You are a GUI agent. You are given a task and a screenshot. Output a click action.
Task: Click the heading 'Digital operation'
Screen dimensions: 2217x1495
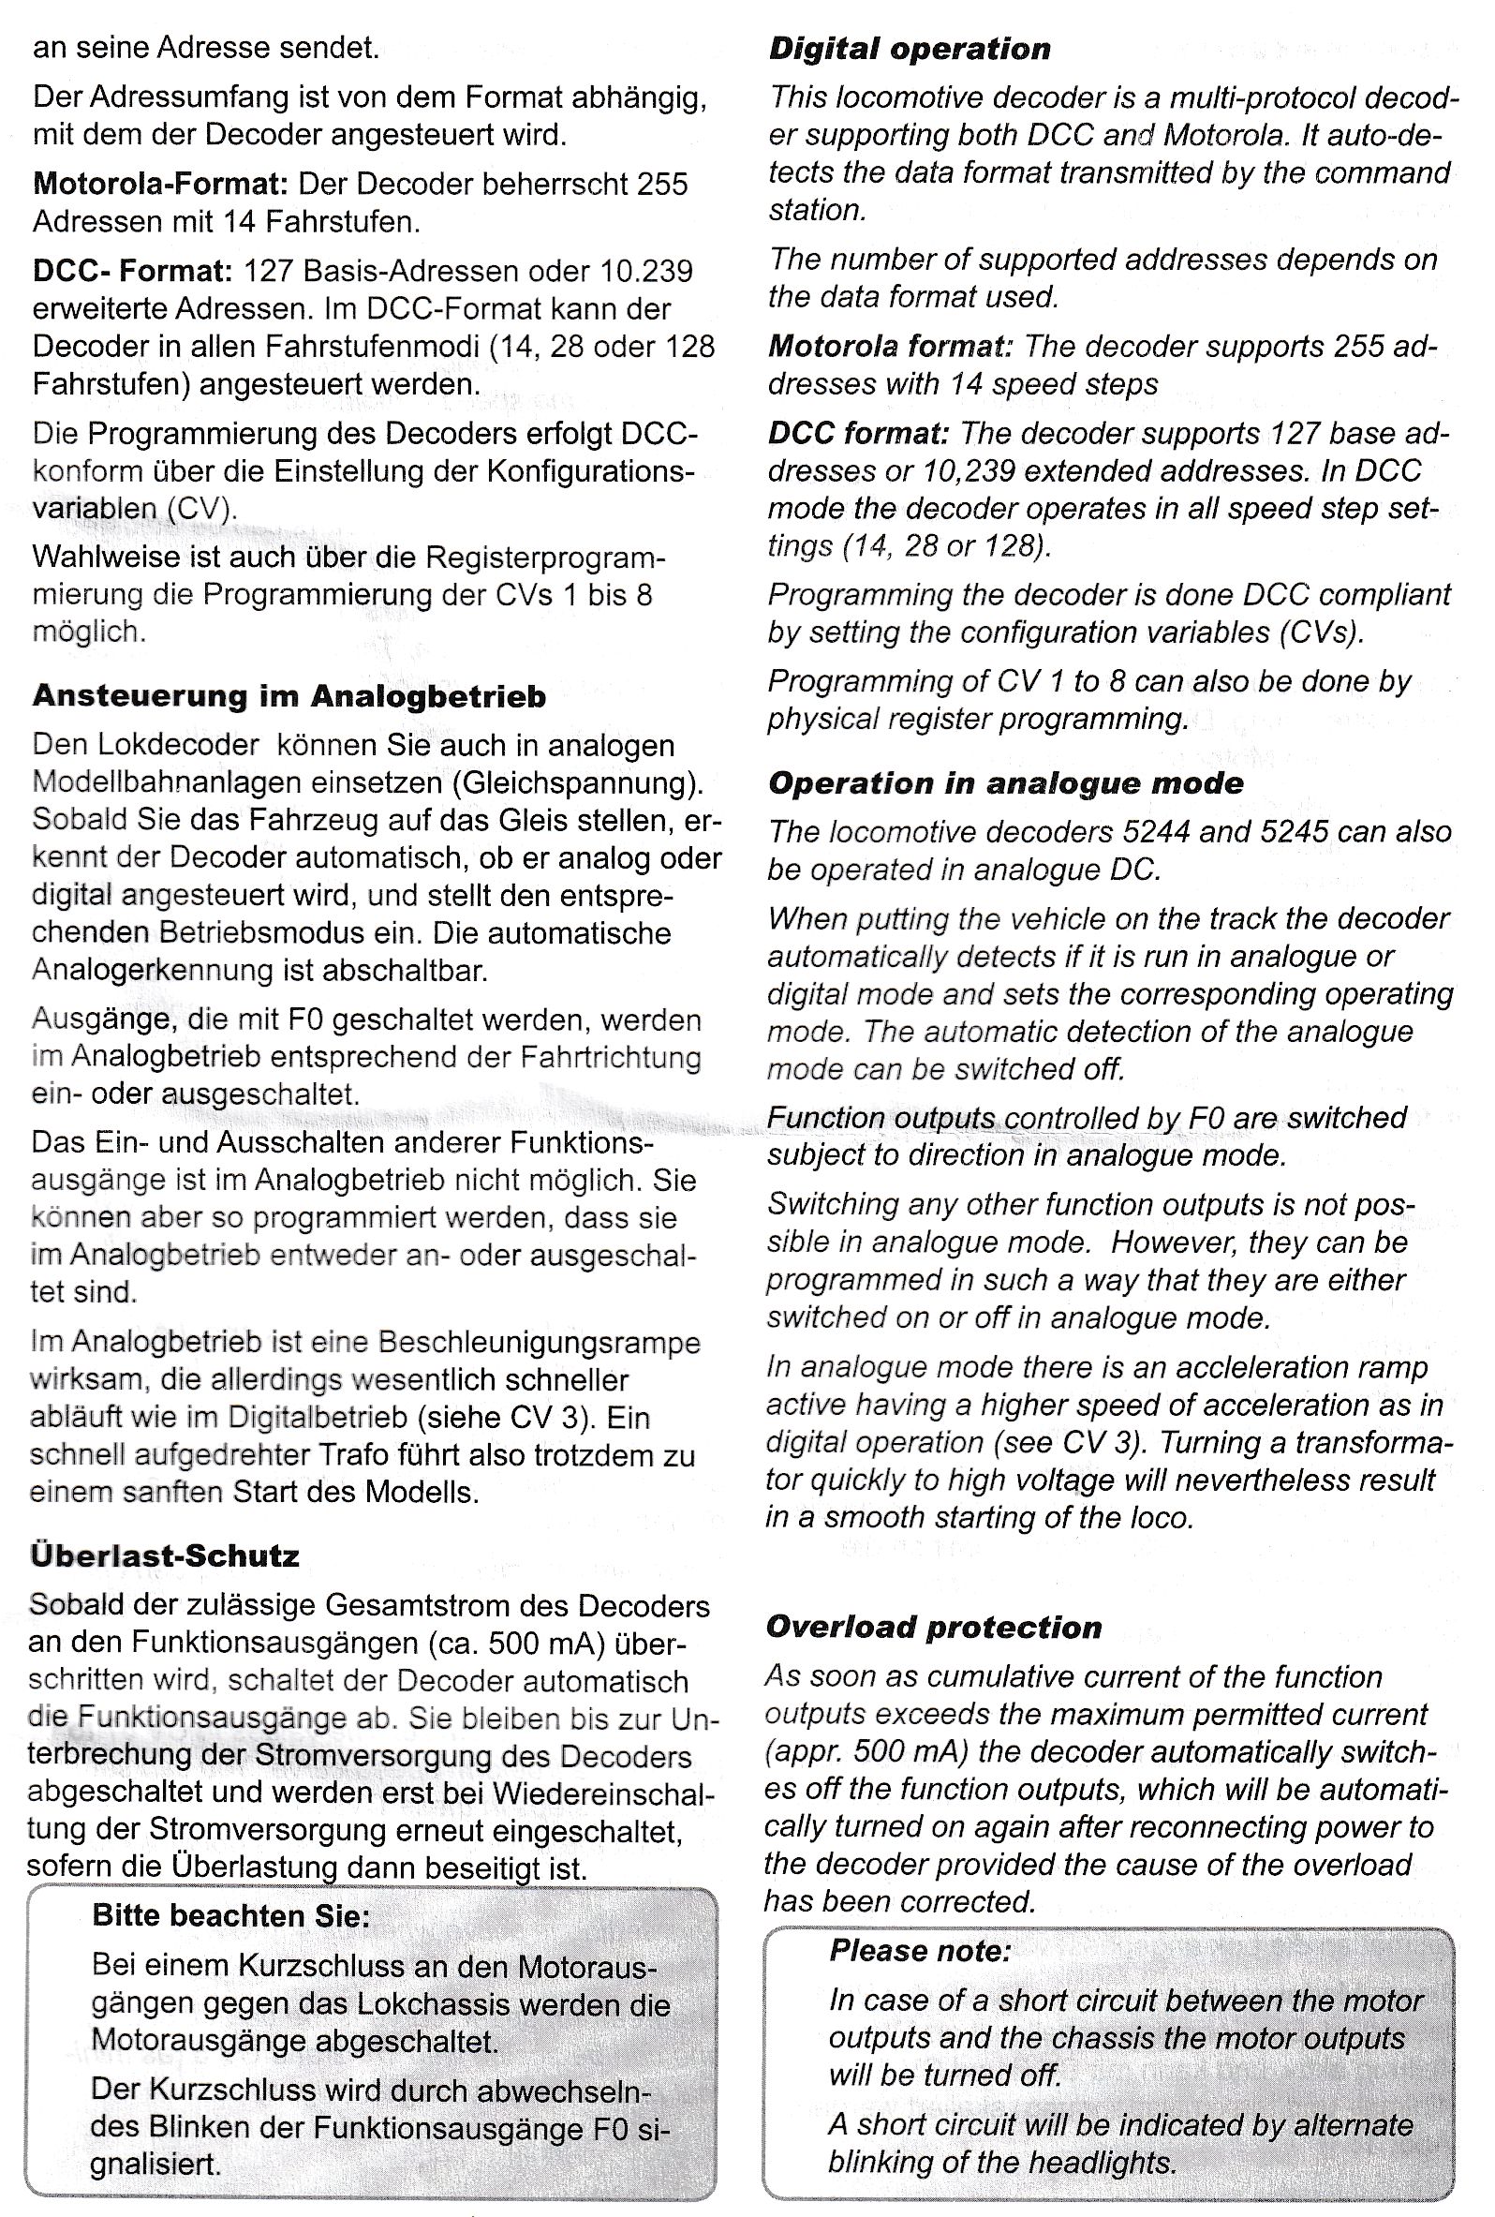tap(910, 49)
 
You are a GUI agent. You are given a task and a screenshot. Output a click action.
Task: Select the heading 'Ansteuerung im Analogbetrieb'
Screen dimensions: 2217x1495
tap(289, 696)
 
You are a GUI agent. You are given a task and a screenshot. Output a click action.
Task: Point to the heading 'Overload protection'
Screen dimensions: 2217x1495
tap(933, 1627)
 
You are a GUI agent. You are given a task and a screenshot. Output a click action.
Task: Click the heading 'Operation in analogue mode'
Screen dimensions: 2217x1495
tap(1006, 782)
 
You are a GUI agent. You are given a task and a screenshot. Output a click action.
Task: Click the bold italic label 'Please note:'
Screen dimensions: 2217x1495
tap(919, 1949)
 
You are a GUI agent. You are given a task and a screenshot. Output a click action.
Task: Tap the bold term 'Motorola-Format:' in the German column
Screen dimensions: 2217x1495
tap(159, 183)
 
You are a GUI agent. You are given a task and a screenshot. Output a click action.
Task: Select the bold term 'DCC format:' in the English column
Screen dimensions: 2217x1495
tap(858, 433)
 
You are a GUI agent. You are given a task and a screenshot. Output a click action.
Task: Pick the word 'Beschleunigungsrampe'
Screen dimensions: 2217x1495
tap(539, 1343)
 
